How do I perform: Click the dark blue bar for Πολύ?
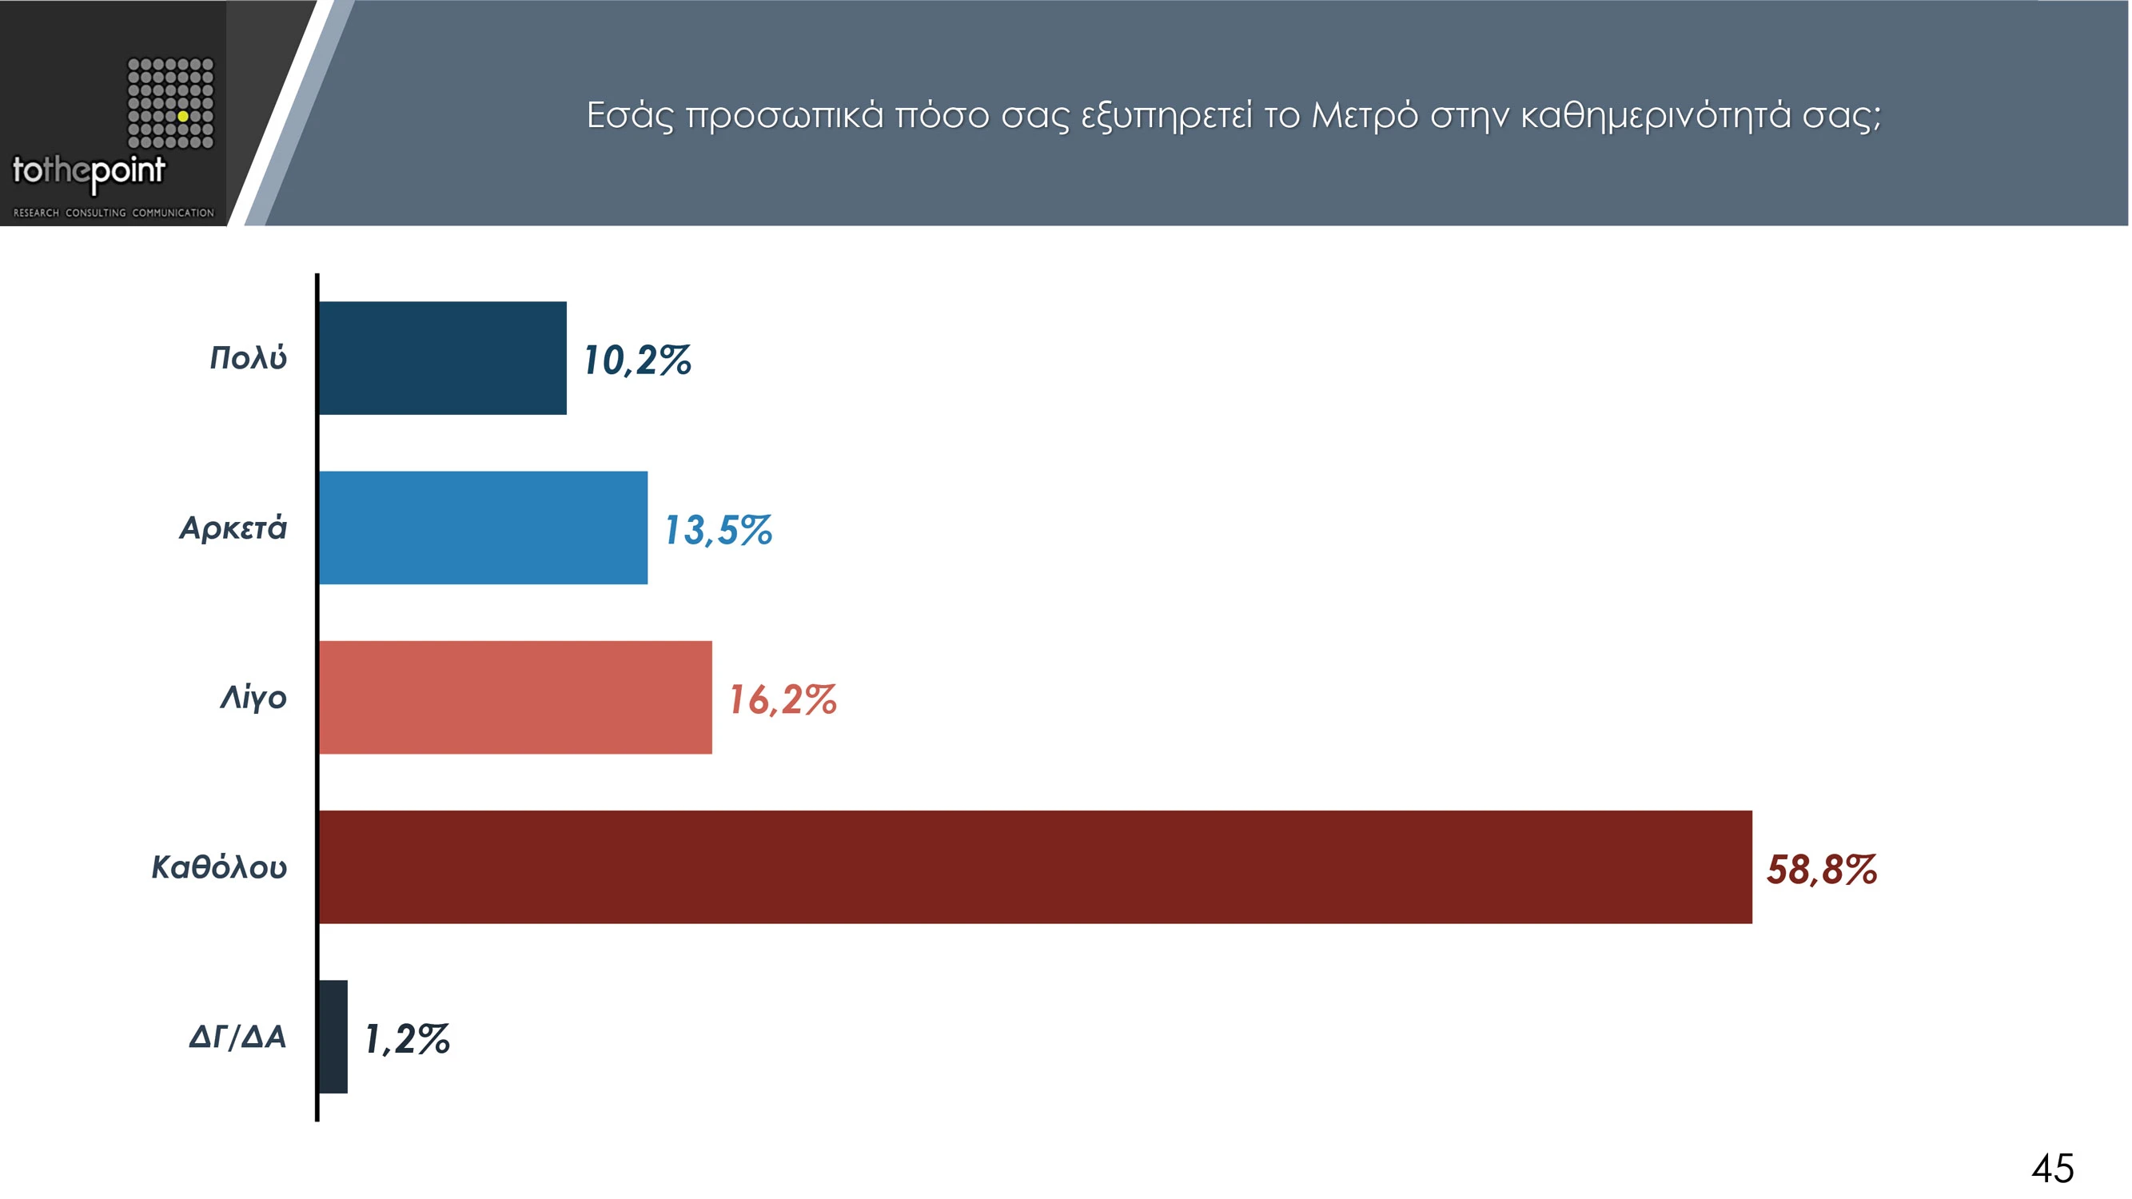(x=443, y=358)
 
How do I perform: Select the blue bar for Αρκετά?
(x=484, y=528)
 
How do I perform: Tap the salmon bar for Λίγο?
(x=515, y=698)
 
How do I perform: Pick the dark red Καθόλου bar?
(x=1034, y=867)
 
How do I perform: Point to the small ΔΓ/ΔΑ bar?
(x=333, y=1037)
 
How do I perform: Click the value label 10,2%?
(x=637, y=360)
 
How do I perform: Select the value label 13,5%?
(x=719, y=531)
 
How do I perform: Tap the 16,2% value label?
(x=783, y=700)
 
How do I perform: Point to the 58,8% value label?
(x=1822, y=870)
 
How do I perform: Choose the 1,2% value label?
(x=407, y=1039)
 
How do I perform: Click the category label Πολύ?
(x=249, y=358)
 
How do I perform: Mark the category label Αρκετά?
(x=233, y=528)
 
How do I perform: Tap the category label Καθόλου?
(x=219, y=867)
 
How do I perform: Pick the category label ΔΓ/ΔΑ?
(x=237, y=1037)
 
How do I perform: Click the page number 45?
(x=2053, y=1169)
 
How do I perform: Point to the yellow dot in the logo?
(x=183, y=117)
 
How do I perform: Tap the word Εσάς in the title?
(x=630, y=116)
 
